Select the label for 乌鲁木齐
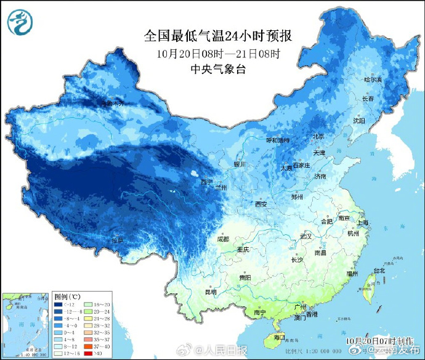point(113,103)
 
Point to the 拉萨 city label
point(117,240)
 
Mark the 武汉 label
point(306,236)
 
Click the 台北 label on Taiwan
point(379,270)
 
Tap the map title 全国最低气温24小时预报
point(217,36)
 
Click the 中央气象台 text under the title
point(218,69)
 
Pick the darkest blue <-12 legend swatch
point(59,305)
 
